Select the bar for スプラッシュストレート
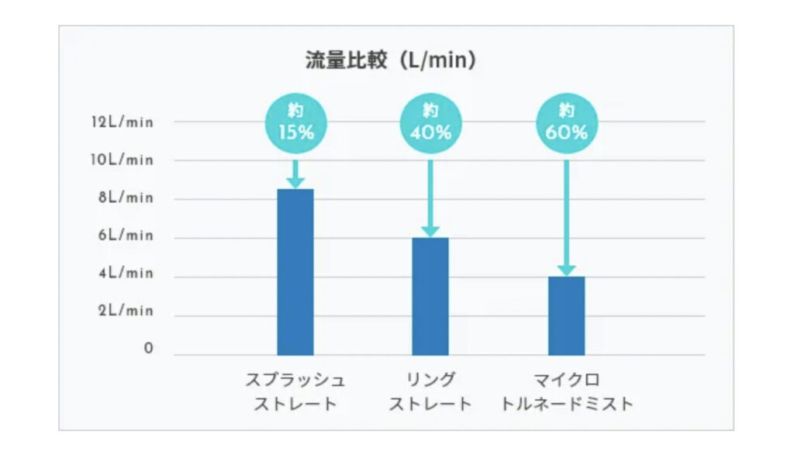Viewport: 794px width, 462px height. coord(295,271)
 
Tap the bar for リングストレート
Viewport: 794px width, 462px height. coord(430,296)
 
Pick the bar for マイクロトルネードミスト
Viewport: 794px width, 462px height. coord(566,315)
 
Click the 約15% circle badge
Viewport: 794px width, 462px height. coord(295,122)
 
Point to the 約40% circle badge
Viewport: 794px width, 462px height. coord(430,122)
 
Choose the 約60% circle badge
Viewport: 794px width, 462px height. coord(566,122)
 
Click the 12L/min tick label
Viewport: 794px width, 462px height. coord(122,122)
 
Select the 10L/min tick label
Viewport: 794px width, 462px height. coord(122,160)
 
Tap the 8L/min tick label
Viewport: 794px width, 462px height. coord(126,198)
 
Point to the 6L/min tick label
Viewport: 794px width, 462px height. coord(126,236)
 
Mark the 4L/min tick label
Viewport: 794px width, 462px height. coord(126,274)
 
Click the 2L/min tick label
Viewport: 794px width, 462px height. coord(126,311)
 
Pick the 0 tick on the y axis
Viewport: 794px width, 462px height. coord(148,350)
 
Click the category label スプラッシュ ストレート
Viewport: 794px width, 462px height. coord(295,392)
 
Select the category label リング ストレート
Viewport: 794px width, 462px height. coord(430,392)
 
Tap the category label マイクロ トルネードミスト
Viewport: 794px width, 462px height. coord(566,392)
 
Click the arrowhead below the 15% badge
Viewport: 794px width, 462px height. coord(295,182)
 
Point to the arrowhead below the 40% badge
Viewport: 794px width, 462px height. coord(430,231)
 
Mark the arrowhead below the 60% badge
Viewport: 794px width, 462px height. coord(566,270)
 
